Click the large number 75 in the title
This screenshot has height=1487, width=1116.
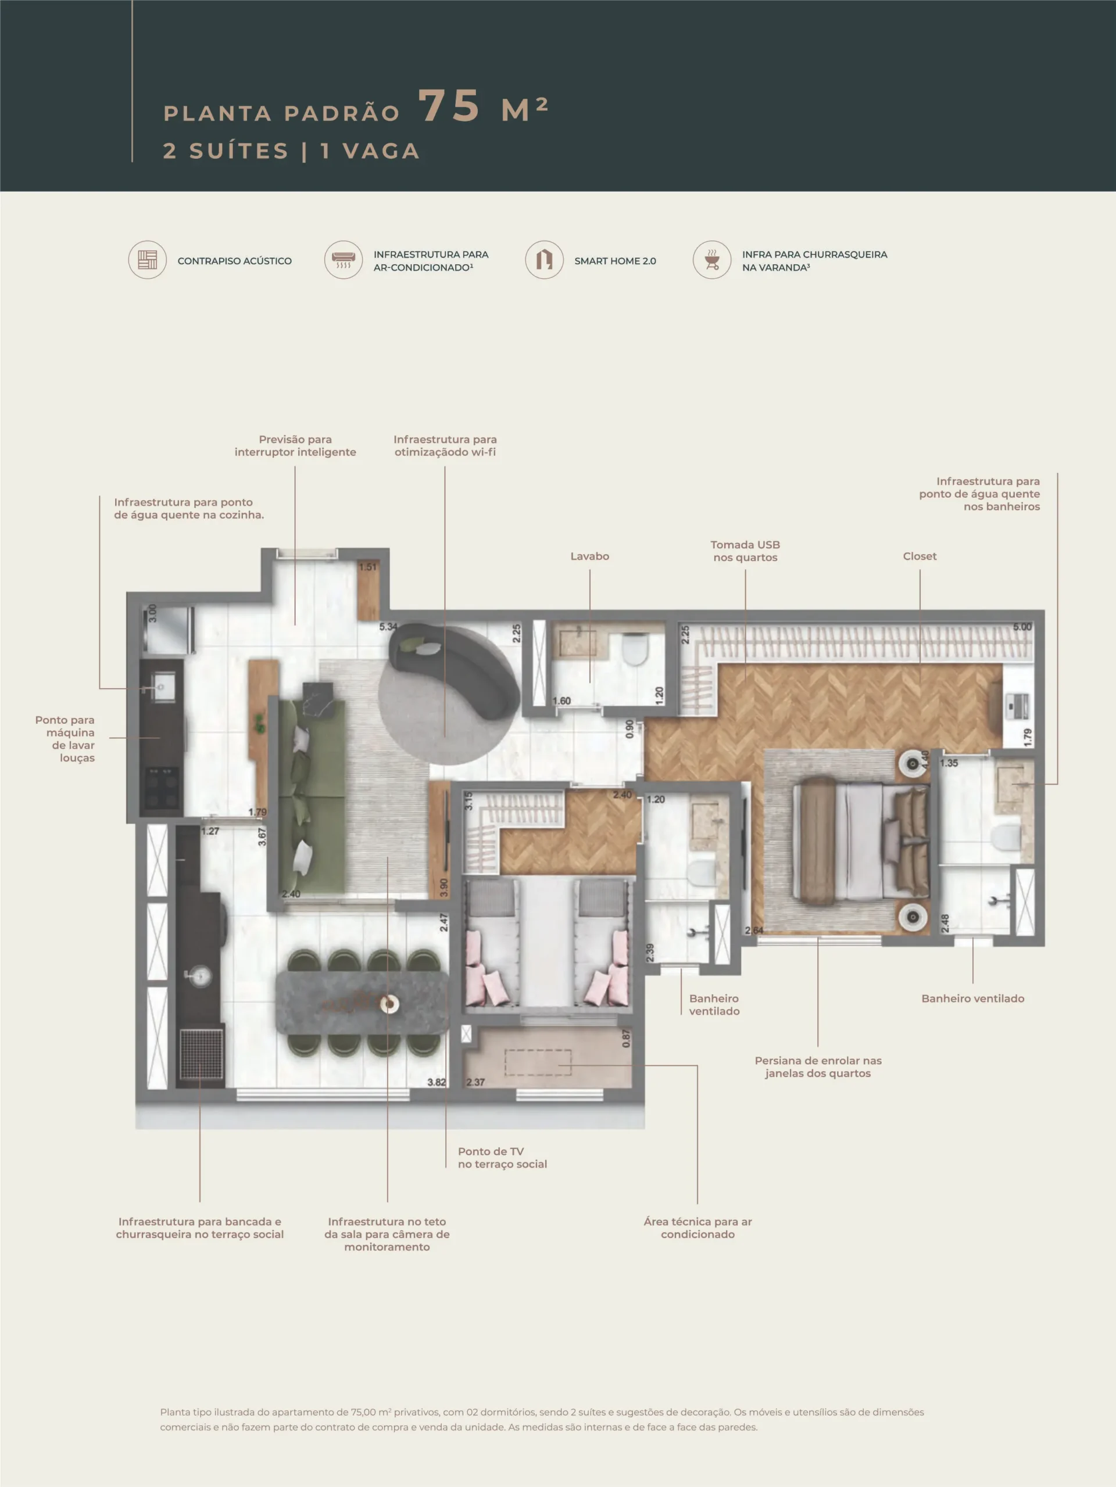click(449, 106)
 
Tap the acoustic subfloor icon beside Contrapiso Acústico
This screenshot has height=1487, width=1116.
click(147, 260)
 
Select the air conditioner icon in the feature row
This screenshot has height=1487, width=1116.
click(343, 260)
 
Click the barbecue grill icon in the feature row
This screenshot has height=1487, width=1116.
click(711, 260)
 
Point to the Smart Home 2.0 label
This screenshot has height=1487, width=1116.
click(615, 261)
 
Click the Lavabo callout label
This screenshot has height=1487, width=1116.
click(589, 556)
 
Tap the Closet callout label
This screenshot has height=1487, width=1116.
click(920, 556)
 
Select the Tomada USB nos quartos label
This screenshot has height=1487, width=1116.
click(745, 551)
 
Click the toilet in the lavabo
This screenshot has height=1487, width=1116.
click(634, 649)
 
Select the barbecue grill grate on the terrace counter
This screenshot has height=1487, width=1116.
click(202, 1054)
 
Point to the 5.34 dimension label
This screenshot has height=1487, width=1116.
click(388, 627)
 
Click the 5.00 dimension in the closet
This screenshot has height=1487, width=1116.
click(1022, 627)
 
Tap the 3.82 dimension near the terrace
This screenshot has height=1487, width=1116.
click(437, 1082)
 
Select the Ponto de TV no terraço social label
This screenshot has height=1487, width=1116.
click(503, 1158)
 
